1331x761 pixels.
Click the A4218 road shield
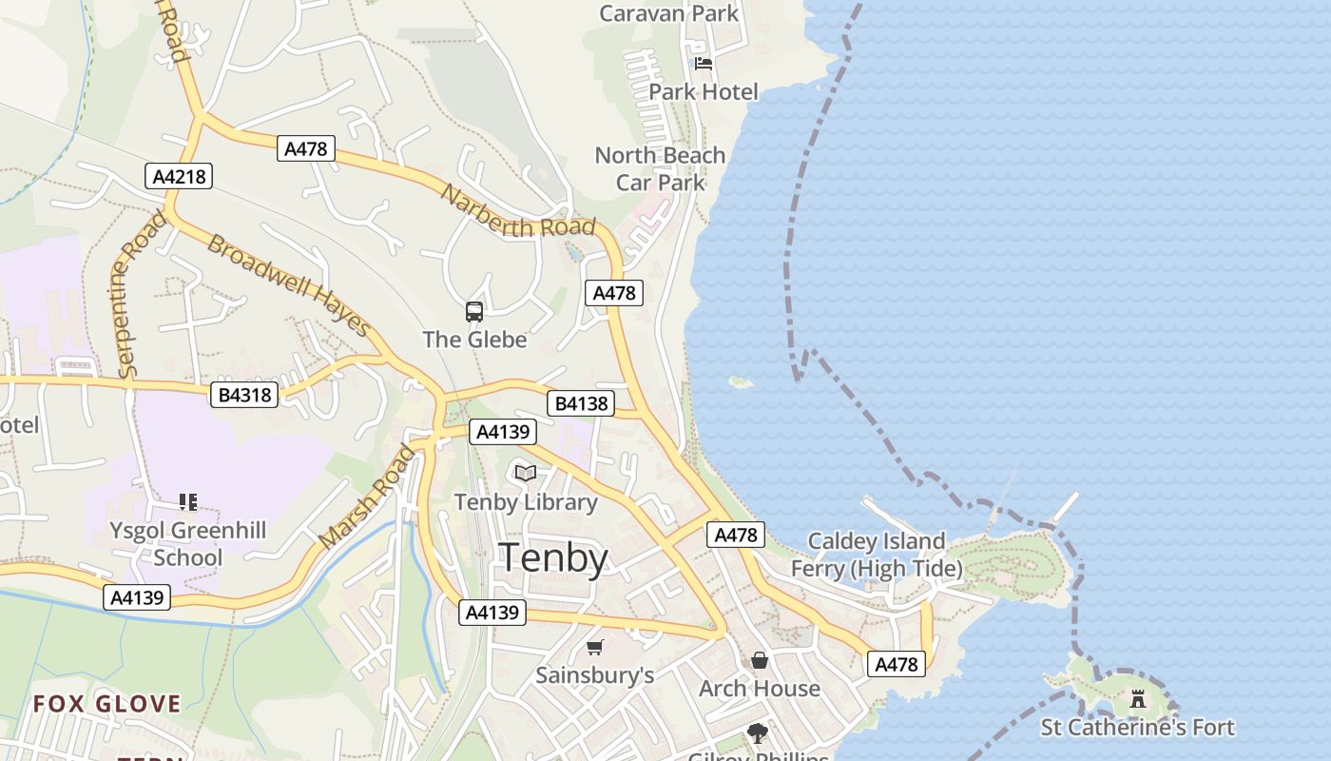178,176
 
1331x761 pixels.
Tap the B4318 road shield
244,395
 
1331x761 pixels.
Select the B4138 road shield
581,403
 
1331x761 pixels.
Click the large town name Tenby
553,557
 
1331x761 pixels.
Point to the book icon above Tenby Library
526,473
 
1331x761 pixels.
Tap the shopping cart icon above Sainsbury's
595,648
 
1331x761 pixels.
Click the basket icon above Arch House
760,660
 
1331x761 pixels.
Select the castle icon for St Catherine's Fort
1137,700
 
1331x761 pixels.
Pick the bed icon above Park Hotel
704,64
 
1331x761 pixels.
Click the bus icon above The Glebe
473,311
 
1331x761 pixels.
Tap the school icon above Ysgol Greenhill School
188,501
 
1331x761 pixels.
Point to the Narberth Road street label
518,211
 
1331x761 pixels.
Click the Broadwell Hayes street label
288,284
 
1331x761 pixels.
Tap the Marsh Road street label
369,498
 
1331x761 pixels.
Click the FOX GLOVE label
106,704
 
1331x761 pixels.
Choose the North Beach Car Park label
660,168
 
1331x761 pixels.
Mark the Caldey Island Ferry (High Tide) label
877,555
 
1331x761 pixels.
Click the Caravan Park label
669,13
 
